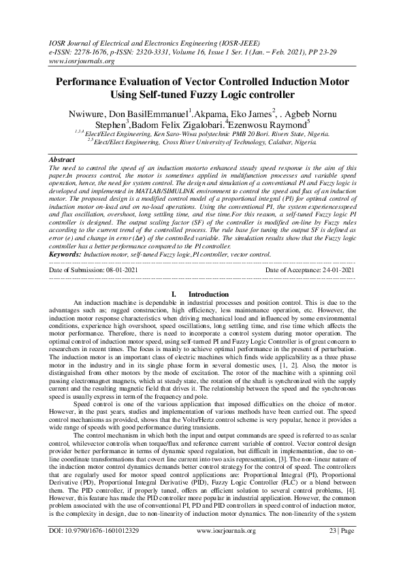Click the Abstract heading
pyautogui.click(x=64, y=158)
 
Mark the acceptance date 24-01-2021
pyautogui.click(x=339, y=270)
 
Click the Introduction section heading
pyautogui.click(x=208, y=294)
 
